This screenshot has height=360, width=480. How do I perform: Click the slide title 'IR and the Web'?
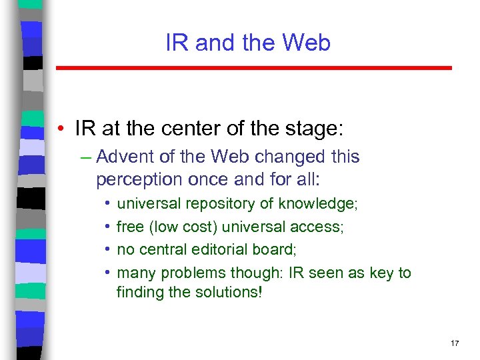pyautogui.click(x=248, y=43)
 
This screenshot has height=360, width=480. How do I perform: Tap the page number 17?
pyautogui.click(x=455, y=343)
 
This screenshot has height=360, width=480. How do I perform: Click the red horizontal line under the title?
pyautogui.click(x=253, y=68)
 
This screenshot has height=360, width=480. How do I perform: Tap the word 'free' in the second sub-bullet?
pyautogui.click(x=130, y=227)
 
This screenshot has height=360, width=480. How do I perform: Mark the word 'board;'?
pyautogui.click(x=277, y=250)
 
